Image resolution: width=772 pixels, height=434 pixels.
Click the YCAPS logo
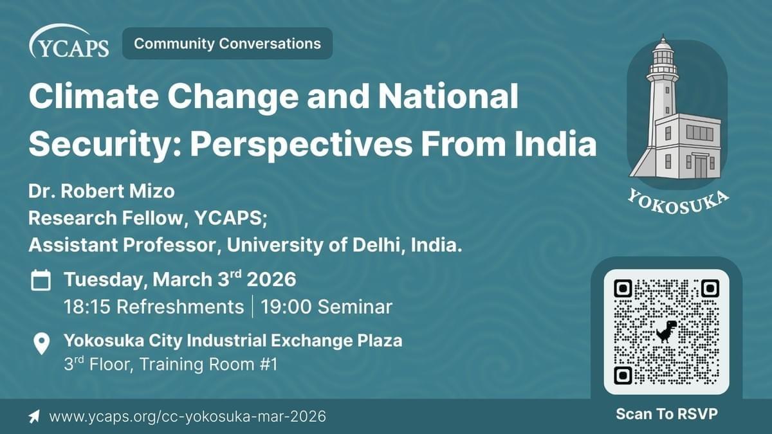coord(69,41)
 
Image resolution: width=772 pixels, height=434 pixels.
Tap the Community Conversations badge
coord(228,44)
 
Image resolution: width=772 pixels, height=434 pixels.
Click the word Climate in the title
coord(94,96)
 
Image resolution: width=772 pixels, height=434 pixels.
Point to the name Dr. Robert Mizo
coord(102,191)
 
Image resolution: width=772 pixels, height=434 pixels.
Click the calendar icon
coord(41,280)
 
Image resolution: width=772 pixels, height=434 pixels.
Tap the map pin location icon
coord(42,343)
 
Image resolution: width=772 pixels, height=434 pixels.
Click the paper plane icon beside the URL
coord(34,417)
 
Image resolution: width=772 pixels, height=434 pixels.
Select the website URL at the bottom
coord(187,417)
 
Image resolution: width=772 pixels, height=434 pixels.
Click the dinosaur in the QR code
coord(666,331)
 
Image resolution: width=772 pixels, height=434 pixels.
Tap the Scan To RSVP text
coord(666,413)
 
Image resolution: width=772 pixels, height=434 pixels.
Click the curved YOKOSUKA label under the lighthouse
coord(677,203)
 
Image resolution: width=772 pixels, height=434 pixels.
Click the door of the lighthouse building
coord(701,167)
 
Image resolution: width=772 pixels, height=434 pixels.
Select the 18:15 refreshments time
coord(154,307)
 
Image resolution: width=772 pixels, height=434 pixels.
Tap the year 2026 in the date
coord(271,279)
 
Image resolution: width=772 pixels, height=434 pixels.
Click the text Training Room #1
coord(208,365)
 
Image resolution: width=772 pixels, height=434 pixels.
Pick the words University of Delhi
coord(311,245)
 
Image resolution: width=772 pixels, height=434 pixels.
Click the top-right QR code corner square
coord(710,288)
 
